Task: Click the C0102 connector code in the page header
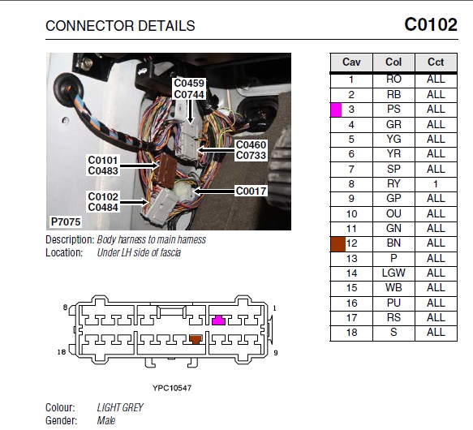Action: pos(431,24)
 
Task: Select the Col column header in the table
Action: pos(393,62)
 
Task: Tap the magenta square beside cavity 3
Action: pos(336,110)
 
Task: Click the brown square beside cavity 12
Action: pos(338,244)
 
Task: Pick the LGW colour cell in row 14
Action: pos(393,273)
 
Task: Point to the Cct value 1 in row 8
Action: pos(436,184)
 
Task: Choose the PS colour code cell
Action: pos(393,110)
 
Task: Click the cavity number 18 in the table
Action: pos(352,333)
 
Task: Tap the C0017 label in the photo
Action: pos(251,191)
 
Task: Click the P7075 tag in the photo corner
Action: pos(66,221)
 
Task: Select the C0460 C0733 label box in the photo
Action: pos(251,150)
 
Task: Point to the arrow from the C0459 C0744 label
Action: pos(190,111)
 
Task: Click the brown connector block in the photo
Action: pos(167,170)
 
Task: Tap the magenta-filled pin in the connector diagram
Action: pos(218,320)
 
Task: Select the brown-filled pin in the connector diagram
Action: pos(196,339)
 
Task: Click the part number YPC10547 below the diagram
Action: pos(172,388)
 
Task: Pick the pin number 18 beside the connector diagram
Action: pos(62,352)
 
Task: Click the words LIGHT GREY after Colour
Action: pos(120,407)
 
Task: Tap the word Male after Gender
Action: pos(106,420)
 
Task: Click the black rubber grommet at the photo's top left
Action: pos(68,89)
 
